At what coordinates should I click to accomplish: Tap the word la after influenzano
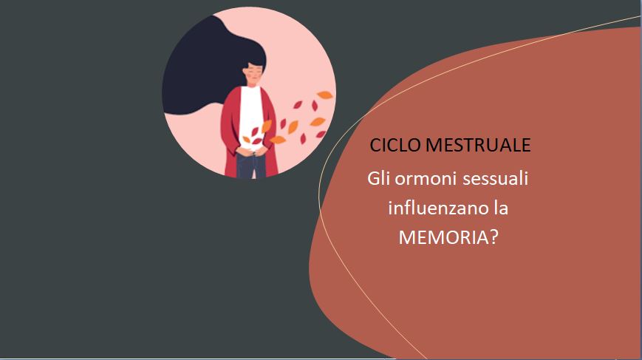point(501,208)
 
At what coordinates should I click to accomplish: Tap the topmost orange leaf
point(324,95)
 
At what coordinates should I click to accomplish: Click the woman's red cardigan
point(230,131)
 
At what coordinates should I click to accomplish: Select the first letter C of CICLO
point(375,145)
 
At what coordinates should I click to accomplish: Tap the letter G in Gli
point(373,179)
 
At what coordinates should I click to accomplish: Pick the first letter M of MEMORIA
point(407,237)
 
